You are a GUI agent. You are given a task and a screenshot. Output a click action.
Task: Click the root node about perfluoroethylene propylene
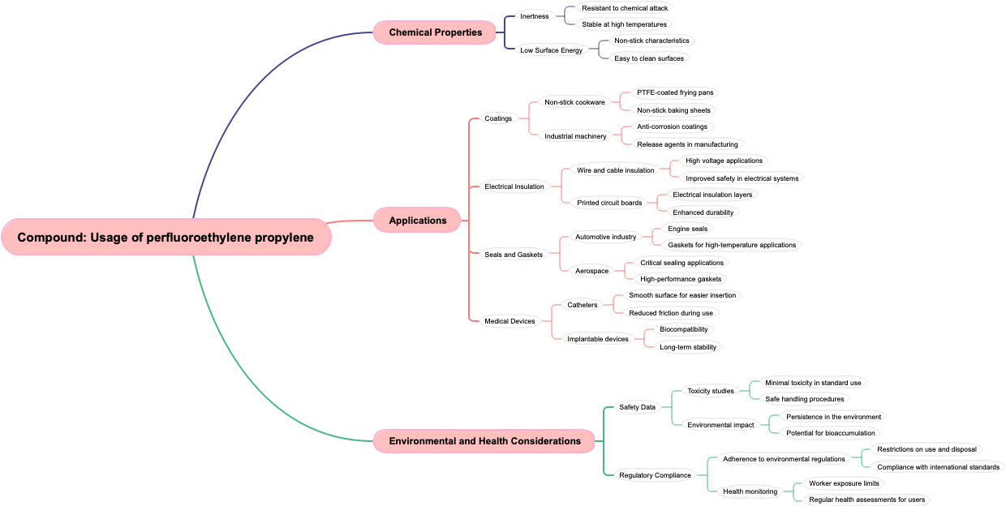(166, 238)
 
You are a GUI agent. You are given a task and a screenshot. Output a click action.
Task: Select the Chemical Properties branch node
(435, 32)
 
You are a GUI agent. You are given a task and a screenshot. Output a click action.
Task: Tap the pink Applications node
(418, 221)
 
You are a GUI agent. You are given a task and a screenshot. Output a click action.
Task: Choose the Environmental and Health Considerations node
(484, 441)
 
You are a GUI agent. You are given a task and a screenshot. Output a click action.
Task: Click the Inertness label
(534, 16)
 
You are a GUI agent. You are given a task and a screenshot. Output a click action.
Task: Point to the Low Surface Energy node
(551, 50)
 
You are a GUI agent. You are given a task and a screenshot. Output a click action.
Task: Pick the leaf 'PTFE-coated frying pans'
(675, 92)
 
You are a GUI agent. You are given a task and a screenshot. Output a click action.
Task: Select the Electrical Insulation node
(514, 187)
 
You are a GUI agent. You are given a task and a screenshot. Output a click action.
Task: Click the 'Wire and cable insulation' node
(615, 170)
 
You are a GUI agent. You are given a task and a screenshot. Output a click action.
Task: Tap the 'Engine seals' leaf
(687, 229)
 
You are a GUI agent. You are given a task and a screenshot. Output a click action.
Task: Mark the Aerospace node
(591, 271)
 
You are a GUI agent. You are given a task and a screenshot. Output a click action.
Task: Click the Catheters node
(582, 305)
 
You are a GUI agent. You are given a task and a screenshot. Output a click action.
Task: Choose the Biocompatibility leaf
(683, 329)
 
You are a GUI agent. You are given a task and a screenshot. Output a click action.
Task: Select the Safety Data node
(637, 407)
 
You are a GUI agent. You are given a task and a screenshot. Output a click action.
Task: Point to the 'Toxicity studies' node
(710, 391)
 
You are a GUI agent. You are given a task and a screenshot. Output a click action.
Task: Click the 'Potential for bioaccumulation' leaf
(820, 433)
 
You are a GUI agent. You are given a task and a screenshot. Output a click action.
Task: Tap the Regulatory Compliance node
(655, 475)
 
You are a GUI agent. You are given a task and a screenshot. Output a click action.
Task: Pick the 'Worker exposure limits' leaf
(844, 483)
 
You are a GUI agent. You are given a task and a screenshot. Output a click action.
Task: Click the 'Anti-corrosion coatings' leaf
(672, 126)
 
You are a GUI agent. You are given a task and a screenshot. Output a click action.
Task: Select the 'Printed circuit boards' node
(608, 203)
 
